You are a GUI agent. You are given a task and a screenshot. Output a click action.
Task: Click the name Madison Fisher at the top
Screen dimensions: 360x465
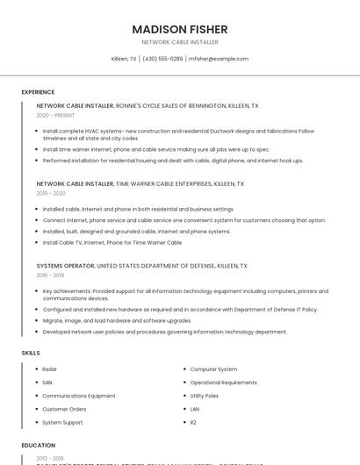180,29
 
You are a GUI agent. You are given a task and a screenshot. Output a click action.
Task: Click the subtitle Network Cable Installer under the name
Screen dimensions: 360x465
180,42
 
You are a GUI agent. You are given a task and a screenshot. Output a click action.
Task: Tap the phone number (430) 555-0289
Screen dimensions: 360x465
162,59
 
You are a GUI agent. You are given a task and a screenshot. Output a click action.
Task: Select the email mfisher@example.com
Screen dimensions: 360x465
219,59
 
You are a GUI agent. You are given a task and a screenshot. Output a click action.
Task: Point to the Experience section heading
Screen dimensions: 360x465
38,91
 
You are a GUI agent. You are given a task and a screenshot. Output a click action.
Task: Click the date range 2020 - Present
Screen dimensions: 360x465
55,115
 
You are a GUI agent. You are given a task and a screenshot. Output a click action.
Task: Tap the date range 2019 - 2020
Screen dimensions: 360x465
51,193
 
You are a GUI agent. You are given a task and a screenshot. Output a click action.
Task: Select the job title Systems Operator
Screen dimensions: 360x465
64,265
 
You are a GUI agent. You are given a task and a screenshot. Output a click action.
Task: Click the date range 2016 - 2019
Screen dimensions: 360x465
51,274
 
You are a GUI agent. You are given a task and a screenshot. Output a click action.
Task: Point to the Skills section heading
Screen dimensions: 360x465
31,352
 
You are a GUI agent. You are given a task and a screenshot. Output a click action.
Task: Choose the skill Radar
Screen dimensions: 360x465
49,369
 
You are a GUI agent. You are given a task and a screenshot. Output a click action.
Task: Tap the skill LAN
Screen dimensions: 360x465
195,409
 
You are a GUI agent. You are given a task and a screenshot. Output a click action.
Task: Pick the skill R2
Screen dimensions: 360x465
194,422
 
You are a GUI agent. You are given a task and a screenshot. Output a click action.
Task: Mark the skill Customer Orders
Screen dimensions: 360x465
64,409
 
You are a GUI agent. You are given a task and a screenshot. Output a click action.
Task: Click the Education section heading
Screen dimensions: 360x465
39,445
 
